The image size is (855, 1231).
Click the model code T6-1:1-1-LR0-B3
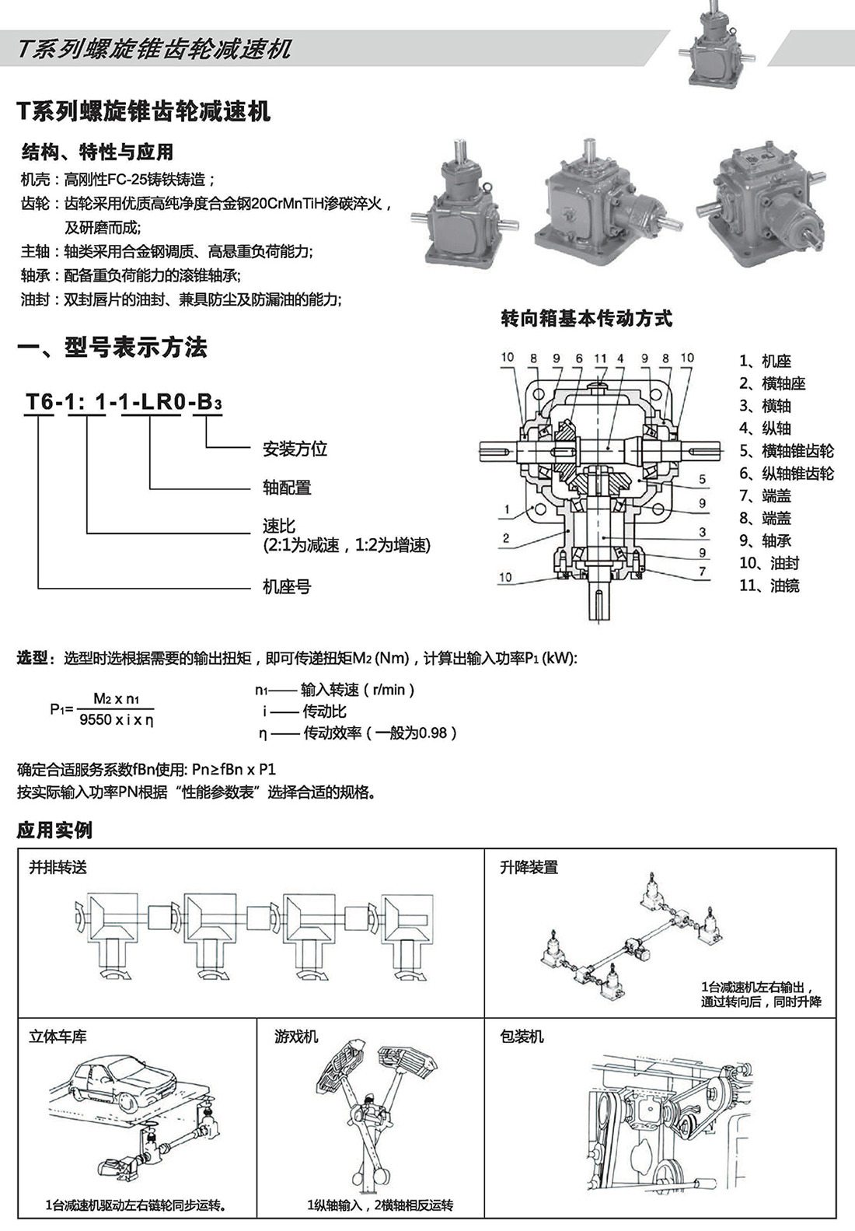tap(124, 402)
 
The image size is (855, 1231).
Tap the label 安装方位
tap(295, 449)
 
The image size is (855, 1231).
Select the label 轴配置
tap(287, 488)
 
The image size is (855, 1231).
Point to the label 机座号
tap(287, 586)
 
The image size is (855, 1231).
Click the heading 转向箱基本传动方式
tap(587, 318)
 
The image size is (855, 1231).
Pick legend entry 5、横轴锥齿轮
tap(786, 451)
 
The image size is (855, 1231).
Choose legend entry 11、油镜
tap(769, 586)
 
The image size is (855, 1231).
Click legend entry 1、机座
tap(765, 361)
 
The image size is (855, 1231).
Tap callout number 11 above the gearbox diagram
tap(600, 358)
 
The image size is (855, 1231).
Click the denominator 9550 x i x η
tap(117, 720)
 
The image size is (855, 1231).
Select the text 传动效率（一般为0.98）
tap(379, 733)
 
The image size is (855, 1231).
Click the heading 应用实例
tap(54, 830)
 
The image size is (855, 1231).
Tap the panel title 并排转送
tap(58, 867)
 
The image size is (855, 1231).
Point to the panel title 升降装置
tap(529, 867)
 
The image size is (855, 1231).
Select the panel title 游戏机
tap(296, 1037)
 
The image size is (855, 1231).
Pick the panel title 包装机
tap(522, 1037)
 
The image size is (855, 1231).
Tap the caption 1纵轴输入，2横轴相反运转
tap(380, 1205)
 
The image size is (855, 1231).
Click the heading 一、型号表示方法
tap(113, 348)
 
